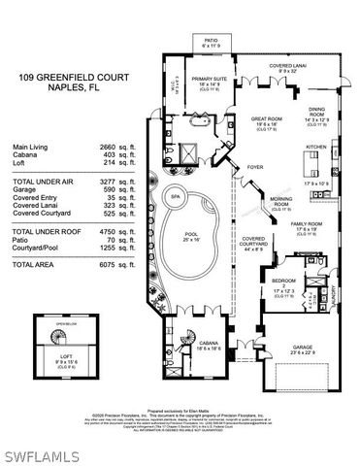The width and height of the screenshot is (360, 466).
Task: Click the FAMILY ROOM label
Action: (x=307, y=224)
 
